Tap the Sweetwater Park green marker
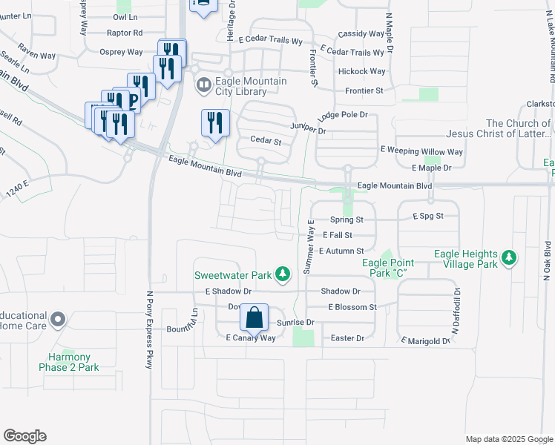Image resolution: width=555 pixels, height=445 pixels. (282, 275)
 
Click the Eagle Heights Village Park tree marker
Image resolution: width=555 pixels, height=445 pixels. (508, 258)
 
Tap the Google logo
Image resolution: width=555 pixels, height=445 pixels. (24, 436)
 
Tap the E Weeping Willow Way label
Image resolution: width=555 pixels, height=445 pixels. (421, 151)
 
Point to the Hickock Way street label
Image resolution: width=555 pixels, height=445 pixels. (361, 71)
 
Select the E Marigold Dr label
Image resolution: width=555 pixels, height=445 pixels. (426, 341)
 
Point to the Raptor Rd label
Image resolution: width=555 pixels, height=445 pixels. (125, 33)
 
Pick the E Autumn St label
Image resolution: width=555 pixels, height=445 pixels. (341, 251)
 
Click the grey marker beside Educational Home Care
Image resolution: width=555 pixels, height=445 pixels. (59, 320)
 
